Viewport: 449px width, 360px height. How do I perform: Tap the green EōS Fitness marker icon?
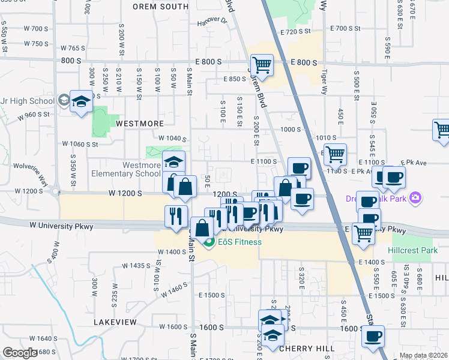(209, 242)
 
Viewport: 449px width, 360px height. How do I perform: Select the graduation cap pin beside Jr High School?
(81, 101)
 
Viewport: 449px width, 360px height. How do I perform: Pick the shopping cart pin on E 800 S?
(262, 64)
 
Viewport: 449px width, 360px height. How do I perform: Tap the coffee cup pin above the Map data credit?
(373, 336)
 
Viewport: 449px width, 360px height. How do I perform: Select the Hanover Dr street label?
(212, 22)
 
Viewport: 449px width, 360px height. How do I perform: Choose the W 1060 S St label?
(80, 144)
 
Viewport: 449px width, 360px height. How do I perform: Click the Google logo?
(20, 352)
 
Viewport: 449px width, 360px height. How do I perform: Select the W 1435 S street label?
(136, 265)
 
